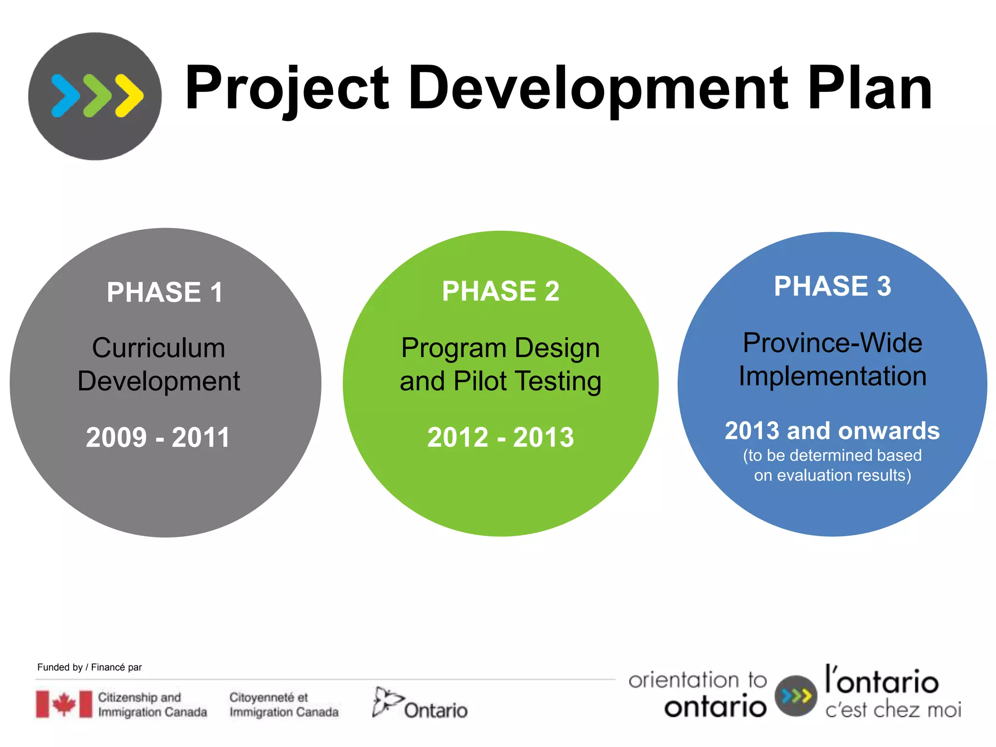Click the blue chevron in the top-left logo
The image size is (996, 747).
[x=66, y=96]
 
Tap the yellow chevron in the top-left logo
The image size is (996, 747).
[x=129, y=96]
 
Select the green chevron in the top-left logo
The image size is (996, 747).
[x=98, y=96]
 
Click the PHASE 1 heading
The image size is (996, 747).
[x=165, y=292]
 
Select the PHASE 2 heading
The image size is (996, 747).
[x=500, y=291]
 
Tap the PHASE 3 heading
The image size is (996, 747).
[x=832, y=286]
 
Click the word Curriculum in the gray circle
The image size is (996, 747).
[x=159, y=348]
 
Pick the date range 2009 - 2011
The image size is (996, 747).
[x=158, y=437]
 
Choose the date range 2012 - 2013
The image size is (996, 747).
[x=500, y=437]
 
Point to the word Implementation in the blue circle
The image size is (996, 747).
[x=832, y=376]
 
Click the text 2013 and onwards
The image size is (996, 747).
[x=832, y=431]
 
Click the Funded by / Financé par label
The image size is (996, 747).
[x=89, y=667]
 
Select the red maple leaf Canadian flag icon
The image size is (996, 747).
[x=64, y=704]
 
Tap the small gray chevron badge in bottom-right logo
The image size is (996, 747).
[x=796, y=696]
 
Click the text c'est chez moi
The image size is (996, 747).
[x=893, y=710]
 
